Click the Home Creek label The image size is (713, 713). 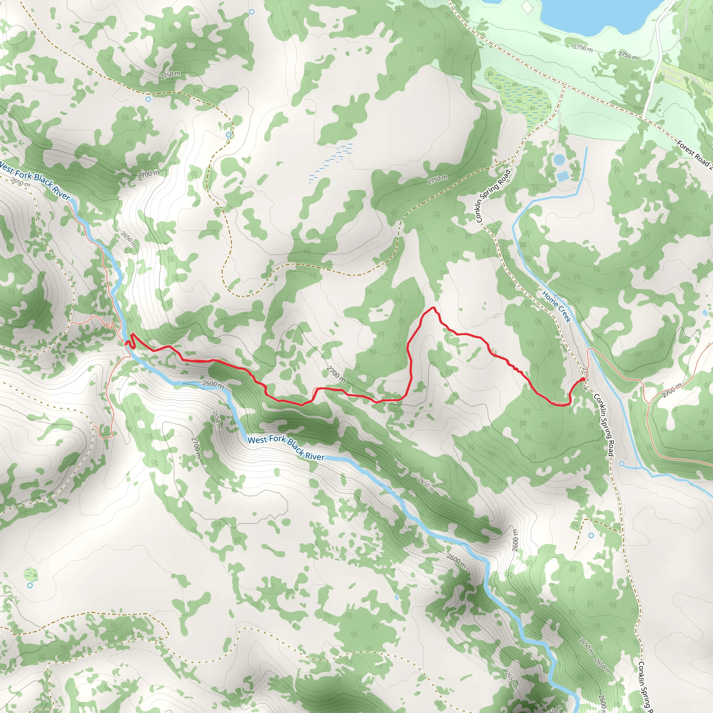point(557,307)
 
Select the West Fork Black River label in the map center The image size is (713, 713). point(287,448)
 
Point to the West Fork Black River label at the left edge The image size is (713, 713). point(35,180)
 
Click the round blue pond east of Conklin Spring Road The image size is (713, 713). point(559,160)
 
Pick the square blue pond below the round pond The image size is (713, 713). point(563,176)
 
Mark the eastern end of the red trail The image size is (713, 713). point(583,379)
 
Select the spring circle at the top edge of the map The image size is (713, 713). point(252,12)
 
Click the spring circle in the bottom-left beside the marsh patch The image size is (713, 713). point(30,585)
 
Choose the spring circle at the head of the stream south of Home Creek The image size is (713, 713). point(622,463)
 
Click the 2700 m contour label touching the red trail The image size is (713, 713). point(336,374)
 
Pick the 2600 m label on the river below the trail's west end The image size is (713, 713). point(213,384)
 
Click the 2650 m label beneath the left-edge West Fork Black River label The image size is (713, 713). point(20,182)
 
